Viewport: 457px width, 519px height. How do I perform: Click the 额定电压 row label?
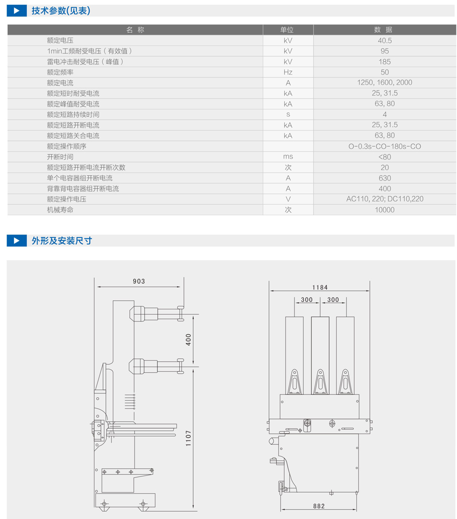(60, 40)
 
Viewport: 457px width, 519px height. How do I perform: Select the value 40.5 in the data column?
(384, 40)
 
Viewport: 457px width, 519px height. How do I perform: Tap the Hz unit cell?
(288, 72)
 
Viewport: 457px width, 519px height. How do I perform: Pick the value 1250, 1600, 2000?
(384, 82)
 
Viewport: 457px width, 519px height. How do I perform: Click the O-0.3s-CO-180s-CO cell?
(384, 146)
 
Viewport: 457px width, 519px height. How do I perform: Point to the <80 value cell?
(384, 157)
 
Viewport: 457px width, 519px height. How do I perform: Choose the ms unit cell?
(288, 157)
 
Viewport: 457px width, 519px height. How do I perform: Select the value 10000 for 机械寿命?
(384, 209)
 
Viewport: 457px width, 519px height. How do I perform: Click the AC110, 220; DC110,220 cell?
(384, 199)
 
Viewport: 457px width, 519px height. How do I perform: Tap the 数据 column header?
(384, 30)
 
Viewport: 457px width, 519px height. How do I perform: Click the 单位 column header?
(288, 30)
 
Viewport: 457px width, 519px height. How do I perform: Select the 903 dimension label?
(139, 282)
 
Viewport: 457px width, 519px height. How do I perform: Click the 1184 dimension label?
(320, 287)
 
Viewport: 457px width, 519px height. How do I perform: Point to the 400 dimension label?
(189, 340)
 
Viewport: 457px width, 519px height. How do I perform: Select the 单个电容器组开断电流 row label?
(79, 178)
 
